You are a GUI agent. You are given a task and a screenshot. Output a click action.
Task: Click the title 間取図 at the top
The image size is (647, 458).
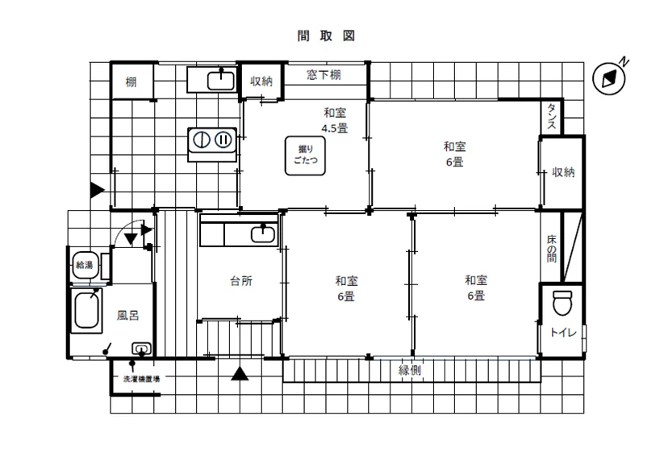click(x=326, y=36)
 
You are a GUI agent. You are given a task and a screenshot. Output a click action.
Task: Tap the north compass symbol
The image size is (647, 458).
click(x=609, y=78)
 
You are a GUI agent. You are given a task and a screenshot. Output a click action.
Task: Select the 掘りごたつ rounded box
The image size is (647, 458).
click(x=305, y=156)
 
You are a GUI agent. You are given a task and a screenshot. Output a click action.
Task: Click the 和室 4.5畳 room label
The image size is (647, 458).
click(x=335, y=120)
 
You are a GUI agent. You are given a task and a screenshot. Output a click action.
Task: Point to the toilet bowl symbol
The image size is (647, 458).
click(x=562, y=303)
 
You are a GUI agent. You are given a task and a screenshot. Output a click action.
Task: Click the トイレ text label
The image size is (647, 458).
click(x=563, y=332)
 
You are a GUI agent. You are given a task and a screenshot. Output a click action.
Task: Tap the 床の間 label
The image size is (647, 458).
click(x=552, y=249)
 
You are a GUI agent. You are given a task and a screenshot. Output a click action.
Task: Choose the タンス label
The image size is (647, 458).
click(x=552, y=116)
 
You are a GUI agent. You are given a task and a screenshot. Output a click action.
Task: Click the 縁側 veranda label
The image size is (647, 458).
click(x=410, y=370)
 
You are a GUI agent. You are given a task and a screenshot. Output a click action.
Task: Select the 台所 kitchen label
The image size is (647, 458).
click(x=241, y=281)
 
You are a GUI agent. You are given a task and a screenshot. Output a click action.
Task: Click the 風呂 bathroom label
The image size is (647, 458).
click(x=127, y=316)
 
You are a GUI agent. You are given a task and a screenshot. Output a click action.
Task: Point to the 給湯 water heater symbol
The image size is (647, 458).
click(x=85, y=265)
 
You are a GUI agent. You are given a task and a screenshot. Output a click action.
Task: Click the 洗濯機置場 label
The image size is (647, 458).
click(x=141, y=378)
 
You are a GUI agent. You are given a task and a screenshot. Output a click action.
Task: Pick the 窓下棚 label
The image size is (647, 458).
click(x=324, y=75)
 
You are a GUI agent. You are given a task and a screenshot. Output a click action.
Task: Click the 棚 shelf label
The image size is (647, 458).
click(x=131, y=82)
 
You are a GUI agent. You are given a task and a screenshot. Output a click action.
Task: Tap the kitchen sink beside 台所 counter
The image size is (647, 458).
click(x=263, y=233)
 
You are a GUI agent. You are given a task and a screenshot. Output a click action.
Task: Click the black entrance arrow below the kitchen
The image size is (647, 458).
click(x=240, y=373)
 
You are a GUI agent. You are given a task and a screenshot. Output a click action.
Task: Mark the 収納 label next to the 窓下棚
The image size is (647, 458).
click(x=261, y=82)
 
